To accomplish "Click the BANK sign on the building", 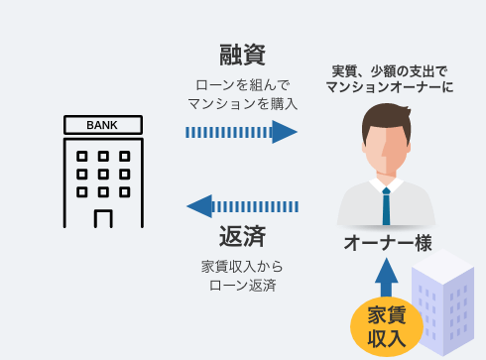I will (102, 126).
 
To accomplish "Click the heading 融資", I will (242, 56).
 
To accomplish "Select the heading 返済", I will (242, 238).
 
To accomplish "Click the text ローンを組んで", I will (242, 84).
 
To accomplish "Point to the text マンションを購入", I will (242, 102).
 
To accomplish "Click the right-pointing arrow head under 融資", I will (286, 132).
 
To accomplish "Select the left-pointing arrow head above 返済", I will (200, 206).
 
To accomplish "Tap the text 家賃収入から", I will (242, 267).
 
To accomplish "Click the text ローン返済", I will (242, 286).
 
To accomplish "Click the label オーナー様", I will (387, 242).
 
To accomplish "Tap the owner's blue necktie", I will (386, 206).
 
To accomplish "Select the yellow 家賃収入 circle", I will (387, 326).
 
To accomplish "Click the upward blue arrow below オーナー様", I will (387, 273).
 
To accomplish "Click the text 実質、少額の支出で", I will (389, 70).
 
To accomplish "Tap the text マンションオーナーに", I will (389, 87).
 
